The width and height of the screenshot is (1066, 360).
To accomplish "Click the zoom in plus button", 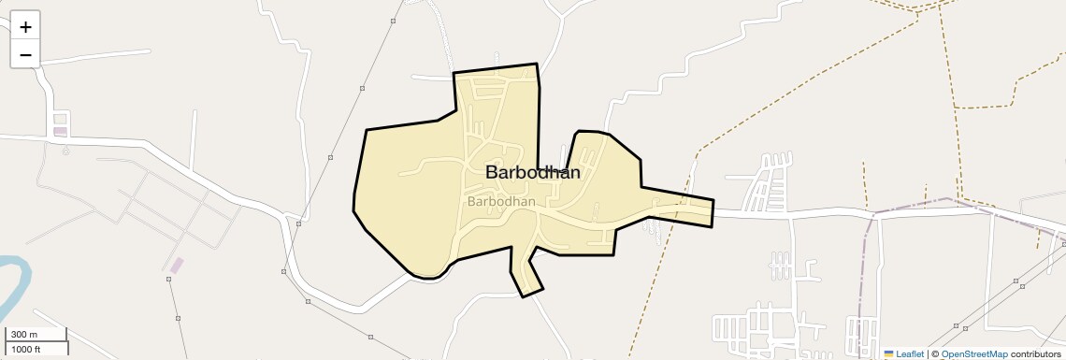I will tap(25, 27).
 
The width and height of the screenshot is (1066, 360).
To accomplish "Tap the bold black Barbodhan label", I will tap(533, 172).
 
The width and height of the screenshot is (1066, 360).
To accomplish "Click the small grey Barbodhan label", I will tap(500, 201).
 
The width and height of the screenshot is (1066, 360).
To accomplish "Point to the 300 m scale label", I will tap(24, 335).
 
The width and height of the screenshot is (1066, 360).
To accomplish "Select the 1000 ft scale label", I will tap(25, 350).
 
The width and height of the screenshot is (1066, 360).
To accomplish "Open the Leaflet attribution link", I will tap(909, 354).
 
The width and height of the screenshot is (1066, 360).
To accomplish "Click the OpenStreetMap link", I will tap(973, 354).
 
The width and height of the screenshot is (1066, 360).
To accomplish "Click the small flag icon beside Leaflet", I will tap(888, 354).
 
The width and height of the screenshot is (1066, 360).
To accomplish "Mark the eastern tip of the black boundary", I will tap(713, 200).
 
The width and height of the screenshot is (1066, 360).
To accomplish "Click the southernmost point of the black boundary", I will tap(524, 296).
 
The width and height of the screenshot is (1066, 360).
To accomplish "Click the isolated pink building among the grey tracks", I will tap(176, 266).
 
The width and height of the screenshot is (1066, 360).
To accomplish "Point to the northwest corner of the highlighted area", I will tap(454, 73).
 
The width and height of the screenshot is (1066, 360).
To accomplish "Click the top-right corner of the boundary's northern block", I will tap(537, 64).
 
